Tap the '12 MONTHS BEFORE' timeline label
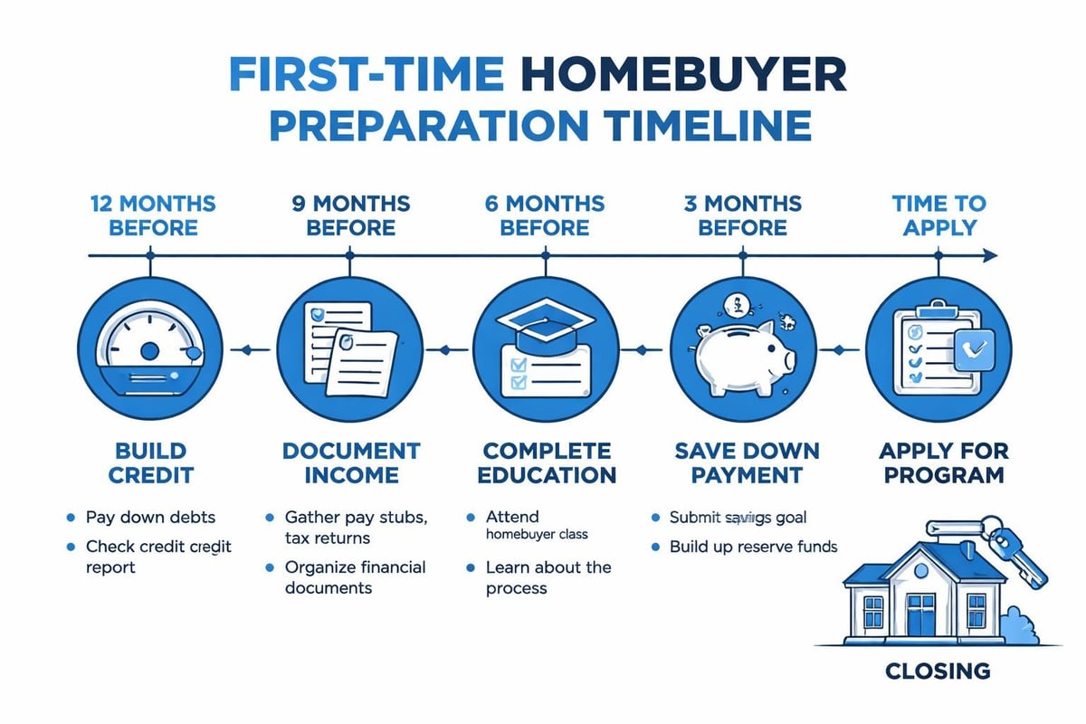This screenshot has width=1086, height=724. pos(152,214)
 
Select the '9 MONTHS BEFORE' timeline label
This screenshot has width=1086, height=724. pos(351,214)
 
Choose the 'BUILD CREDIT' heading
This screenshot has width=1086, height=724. pos(151,462)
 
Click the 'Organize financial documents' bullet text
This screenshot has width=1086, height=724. pos(355,577)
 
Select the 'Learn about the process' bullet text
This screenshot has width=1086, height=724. pos(548,577)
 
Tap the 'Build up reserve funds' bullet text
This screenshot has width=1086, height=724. pos(753,547)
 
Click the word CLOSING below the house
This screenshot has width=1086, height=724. pos(938,672)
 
